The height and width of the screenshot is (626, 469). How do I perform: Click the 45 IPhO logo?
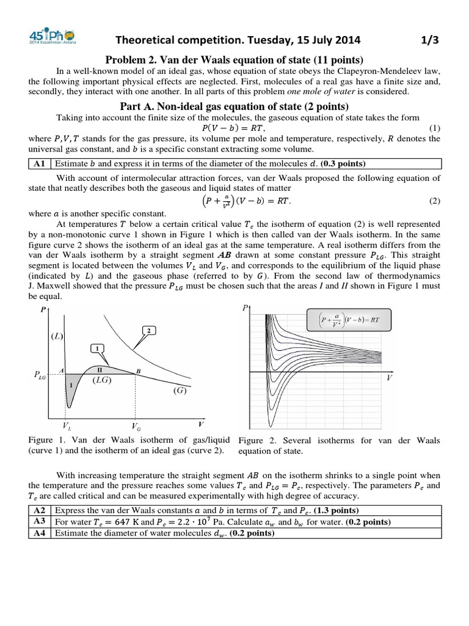point(48,38)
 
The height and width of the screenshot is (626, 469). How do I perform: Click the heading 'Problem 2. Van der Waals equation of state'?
point(234,59)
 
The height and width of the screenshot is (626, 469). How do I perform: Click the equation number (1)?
point(434,127)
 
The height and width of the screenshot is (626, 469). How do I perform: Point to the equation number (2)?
point(434,201)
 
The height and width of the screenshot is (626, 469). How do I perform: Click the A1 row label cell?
point(41,163)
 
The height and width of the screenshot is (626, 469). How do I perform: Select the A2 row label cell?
point(41,510)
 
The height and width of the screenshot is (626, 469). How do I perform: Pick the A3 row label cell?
point(41,521)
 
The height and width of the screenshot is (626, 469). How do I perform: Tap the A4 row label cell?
point(41,533)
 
